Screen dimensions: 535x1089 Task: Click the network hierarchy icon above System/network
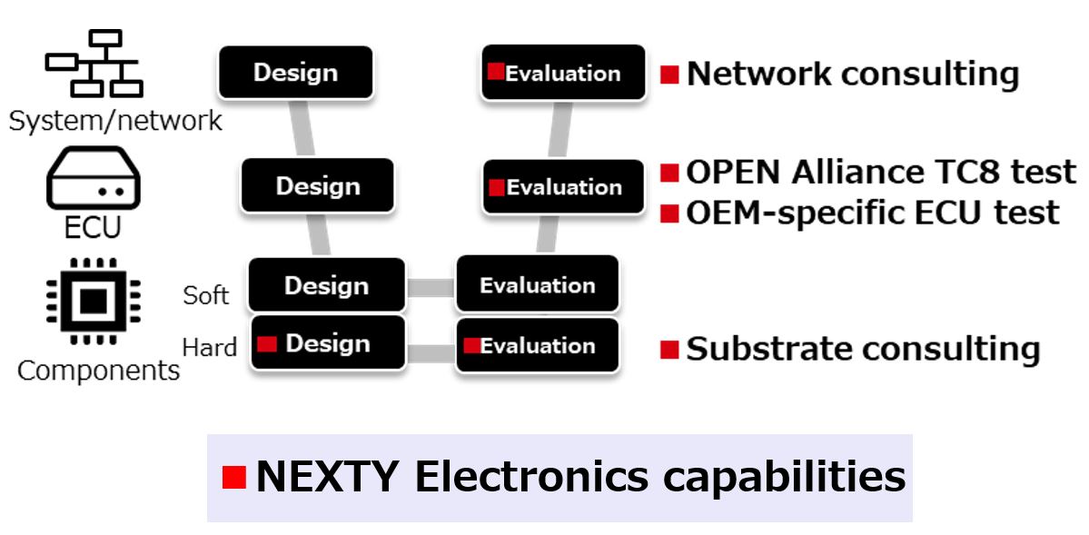tap(94, 64)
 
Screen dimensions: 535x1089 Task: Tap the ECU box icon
tap(94, 179)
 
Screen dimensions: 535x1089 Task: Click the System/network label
tap(115, 120)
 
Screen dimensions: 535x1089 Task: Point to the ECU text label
tap(93, 227)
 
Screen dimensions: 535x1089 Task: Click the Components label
tap(98, 371)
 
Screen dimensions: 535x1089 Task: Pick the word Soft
tap(205, 295)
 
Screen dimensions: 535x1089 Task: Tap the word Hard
tap(209, 347)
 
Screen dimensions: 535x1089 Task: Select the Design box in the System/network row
tap(295, 73)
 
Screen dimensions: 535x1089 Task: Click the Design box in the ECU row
tap(317, 186)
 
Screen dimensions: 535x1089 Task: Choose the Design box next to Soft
tap(326, 285)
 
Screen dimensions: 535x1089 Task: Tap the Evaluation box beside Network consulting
tap(563, 73)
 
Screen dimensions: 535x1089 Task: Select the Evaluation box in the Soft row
tap(537, 285)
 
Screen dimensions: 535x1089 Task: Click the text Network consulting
tap(852, 74)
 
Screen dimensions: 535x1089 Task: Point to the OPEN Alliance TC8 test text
tap(880, 171)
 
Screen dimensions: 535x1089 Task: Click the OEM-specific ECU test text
tap(872, 213)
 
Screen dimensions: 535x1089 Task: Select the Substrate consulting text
tap(862, 349)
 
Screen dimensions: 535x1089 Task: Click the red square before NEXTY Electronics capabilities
tap(234, 477)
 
